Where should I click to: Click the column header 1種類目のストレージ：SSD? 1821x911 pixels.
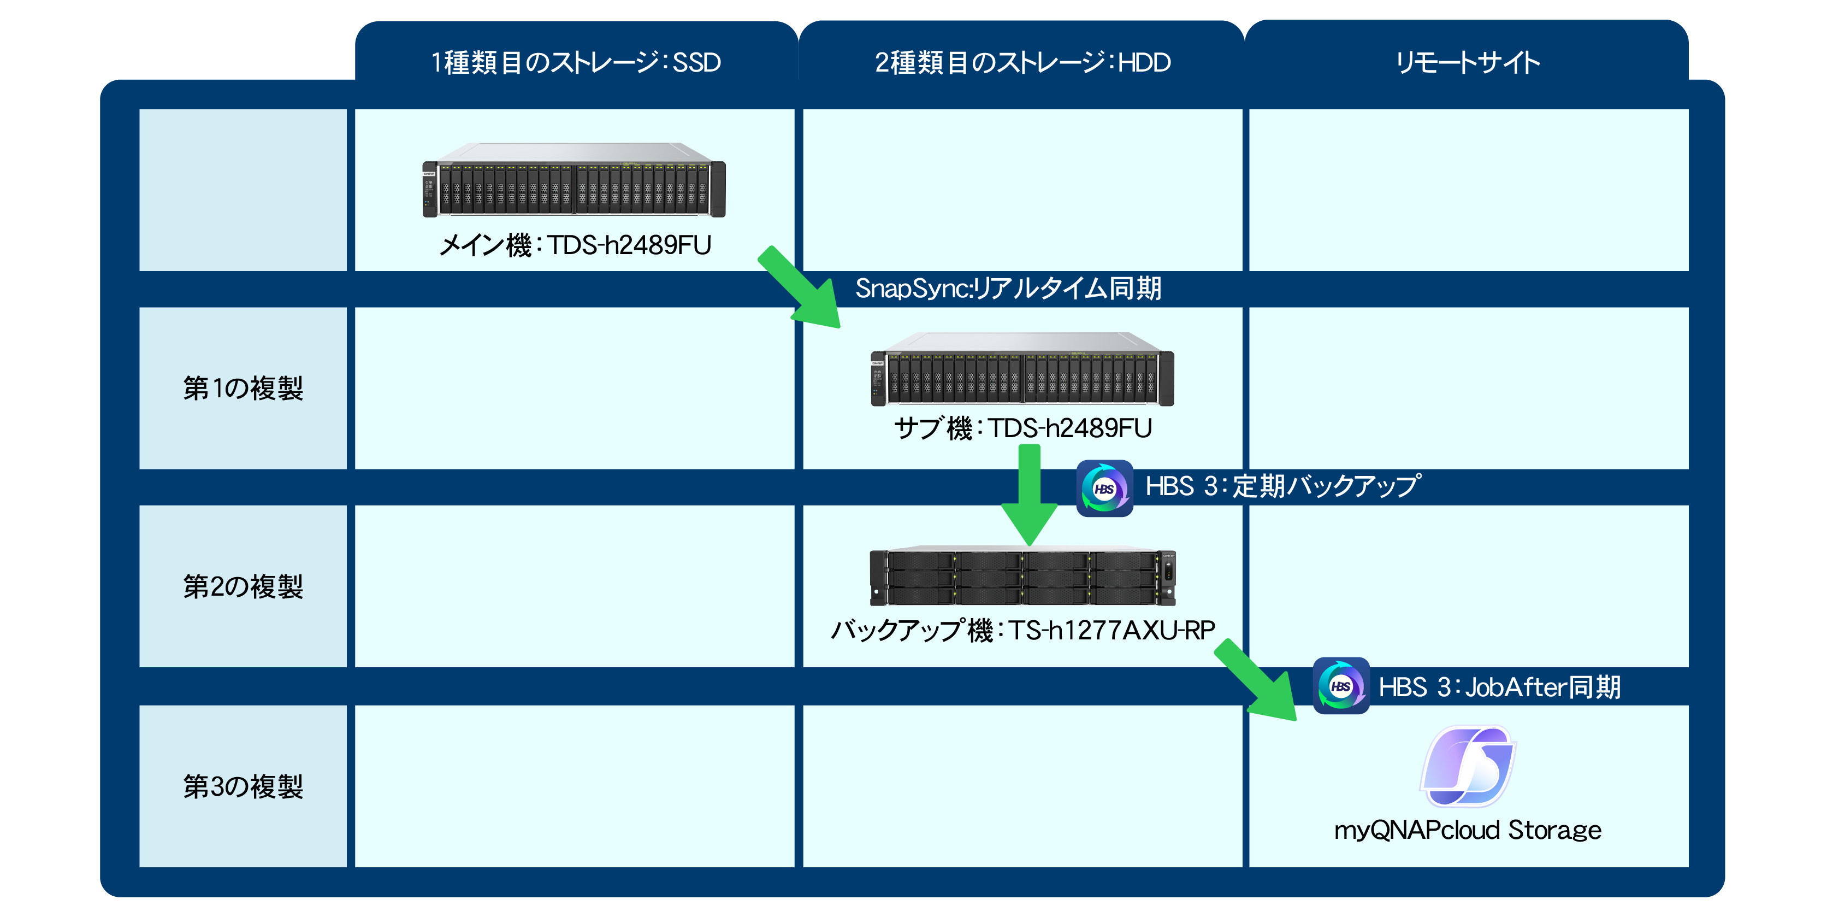576,62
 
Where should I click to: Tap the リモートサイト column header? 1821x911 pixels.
1468,62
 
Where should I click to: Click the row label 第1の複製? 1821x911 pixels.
243,389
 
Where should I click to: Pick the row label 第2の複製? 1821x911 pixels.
243,586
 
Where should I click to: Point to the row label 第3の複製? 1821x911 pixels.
243,786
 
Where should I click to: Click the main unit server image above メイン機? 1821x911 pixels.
574,180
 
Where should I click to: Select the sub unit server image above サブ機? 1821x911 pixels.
1022,370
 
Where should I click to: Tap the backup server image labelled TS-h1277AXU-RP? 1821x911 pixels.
1022,576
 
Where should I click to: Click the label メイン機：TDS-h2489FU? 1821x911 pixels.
574,245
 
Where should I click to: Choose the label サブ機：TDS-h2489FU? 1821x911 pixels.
1022,428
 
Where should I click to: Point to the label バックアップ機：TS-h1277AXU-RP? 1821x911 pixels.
1022,630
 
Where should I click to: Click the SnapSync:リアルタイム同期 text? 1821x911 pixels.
1008,288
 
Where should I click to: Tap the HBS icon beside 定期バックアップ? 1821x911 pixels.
1104,488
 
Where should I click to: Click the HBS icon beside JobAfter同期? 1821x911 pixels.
1340,685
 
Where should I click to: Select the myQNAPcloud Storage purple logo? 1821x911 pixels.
1468,767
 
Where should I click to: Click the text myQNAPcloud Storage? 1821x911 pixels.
1468,830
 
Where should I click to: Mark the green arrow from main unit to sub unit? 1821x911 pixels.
799,286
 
